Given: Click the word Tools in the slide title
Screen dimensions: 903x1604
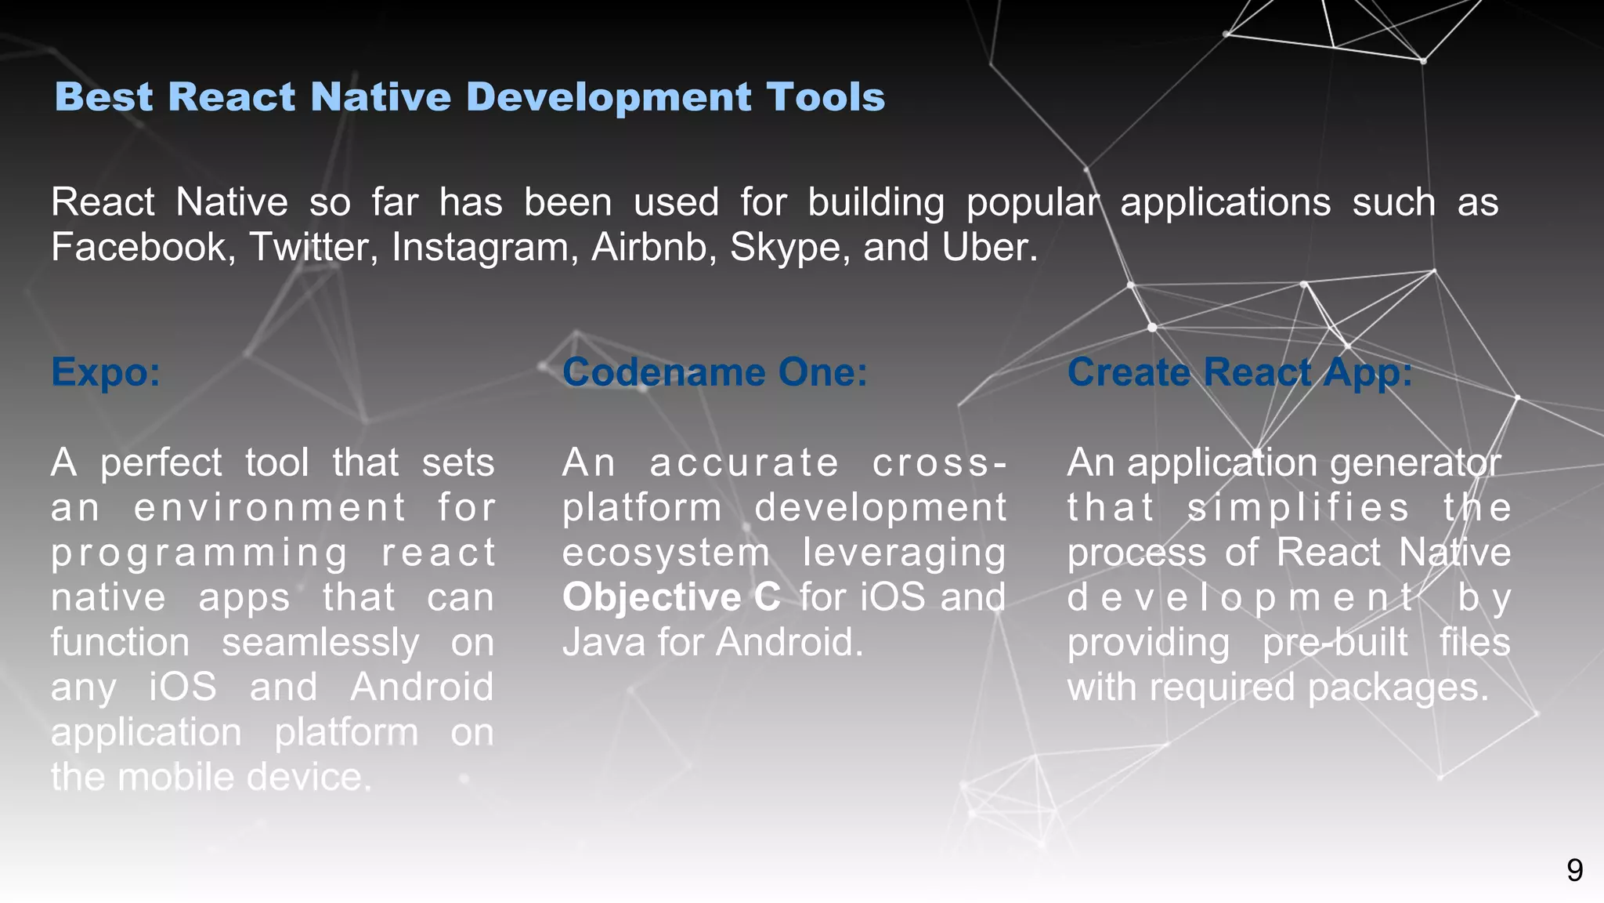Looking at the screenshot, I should click(x=825, y=97).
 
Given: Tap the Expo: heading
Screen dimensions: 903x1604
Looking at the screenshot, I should click(x=106, y=372).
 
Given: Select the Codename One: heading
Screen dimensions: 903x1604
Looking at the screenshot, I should click(x=714, y=372).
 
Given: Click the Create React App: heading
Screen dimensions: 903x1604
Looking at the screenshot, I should click(x=1239, y=372).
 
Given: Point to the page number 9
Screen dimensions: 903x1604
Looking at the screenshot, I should click(x=1574, y=870).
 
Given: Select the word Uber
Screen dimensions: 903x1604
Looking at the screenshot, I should click(x=989, y=248).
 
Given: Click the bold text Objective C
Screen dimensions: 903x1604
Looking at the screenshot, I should click(x=671, y=597).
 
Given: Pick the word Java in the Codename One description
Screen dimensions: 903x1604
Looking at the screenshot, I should click(x=605, y=643).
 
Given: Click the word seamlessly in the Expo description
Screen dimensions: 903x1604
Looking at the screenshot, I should click(x=320, y=643).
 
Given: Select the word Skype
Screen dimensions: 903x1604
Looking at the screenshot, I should click(x=789, y=248).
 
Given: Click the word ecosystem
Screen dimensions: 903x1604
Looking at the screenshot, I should click(x=666, y=553).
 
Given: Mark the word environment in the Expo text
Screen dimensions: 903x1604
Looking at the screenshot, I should click(x=269, y=508).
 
